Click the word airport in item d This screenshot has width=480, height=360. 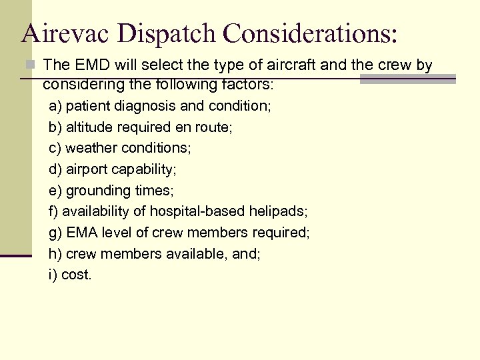point(84,169)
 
